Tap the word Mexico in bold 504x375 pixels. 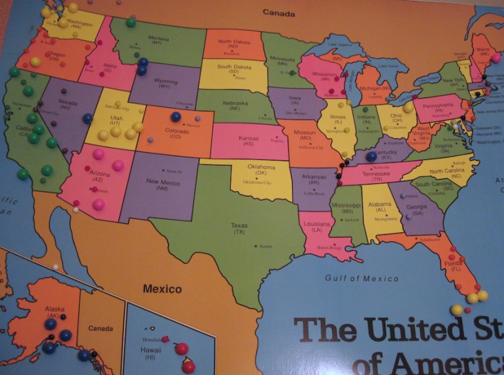click(x=162, y=289)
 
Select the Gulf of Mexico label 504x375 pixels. click(x=362, y=278)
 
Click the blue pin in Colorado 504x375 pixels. click(x=176, y=116)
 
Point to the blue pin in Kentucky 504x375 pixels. click(x=372, y=157)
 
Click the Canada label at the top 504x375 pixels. click(x=277, y=12)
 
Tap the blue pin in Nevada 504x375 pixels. click(x=88, y=118)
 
